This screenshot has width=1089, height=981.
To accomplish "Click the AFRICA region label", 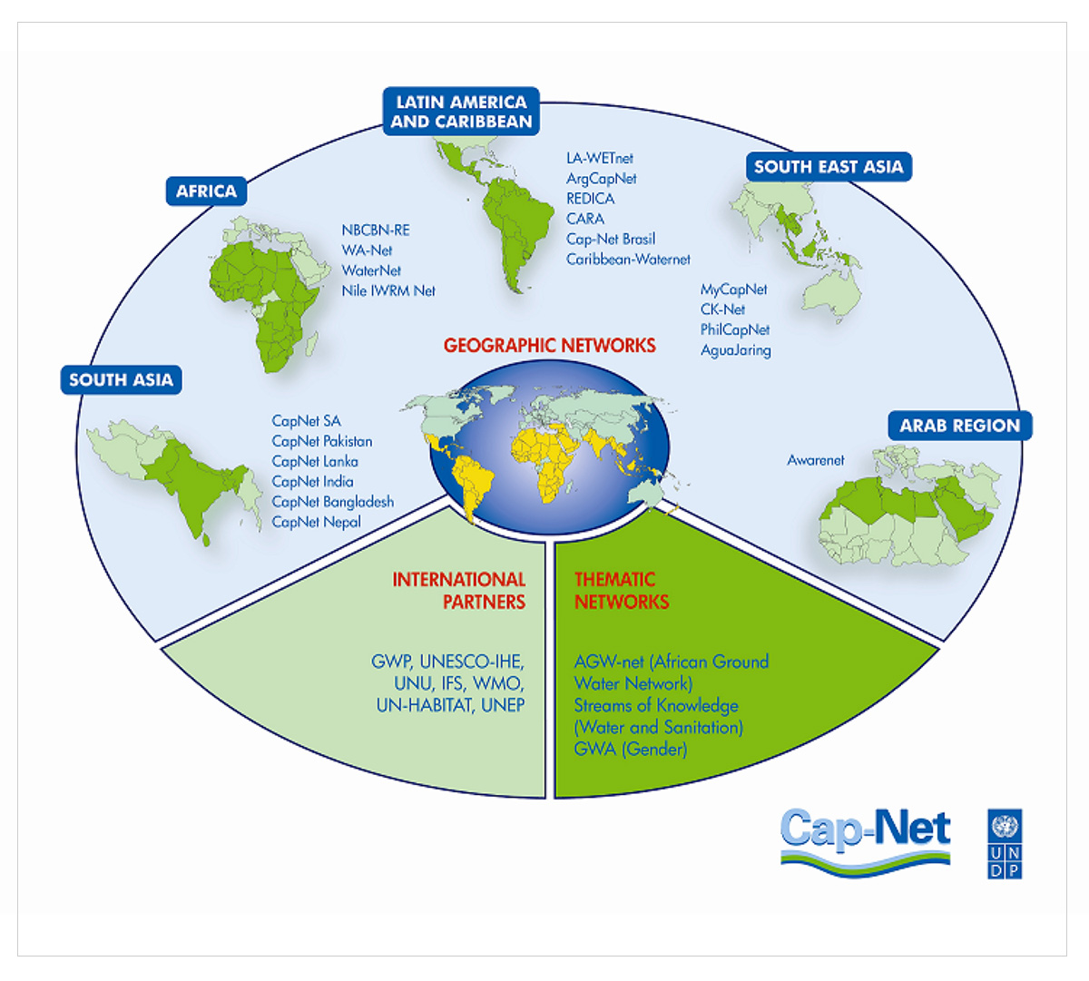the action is (206, 191).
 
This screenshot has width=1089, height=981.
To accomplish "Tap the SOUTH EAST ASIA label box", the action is (829, 167).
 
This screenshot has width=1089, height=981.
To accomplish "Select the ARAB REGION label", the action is (960, 426).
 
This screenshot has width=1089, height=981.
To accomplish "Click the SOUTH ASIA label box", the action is (121, 380).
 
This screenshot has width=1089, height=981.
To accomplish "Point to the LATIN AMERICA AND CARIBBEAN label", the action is (461, 112).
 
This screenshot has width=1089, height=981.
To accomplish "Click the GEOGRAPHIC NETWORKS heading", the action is (549, 345).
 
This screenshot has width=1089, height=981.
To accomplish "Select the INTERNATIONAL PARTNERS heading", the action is (458, 591).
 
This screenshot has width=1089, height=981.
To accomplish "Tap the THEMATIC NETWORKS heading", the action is (622, 591).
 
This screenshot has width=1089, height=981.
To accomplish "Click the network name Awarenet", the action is (816, 460).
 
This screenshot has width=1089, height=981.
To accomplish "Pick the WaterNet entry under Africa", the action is (371, 270).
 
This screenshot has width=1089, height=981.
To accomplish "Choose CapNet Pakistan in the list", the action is (322, 441).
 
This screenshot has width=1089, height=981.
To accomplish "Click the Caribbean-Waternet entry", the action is (628, 260).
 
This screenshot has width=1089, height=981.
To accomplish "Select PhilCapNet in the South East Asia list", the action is (734, 329).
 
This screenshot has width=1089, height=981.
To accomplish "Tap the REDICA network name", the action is (590, 199).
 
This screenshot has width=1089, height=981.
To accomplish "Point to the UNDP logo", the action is (1005, 844).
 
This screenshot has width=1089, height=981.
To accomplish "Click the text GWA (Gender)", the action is (631, 750).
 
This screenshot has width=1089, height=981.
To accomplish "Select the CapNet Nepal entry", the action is (316, 522).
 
